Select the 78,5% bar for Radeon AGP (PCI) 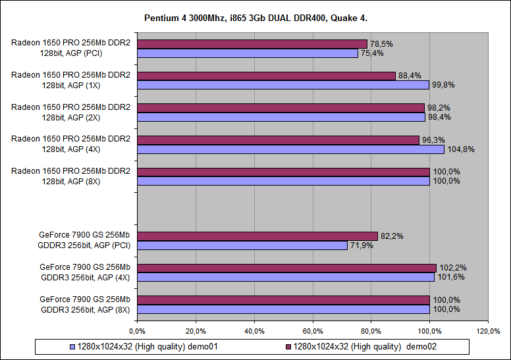(252, 44)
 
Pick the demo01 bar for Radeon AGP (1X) (282, 85)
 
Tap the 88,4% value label (410, 76)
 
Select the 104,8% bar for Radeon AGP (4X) (290, 149)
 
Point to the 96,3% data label (433, 140)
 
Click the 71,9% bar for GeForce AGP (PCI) (242, 245)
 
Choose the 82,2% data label (391, 236)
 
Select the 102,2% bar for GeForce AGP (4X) (286, 268)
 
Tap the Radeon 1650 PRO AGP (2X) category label (70, 112)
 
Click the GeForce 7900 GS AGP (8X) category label (85, 304)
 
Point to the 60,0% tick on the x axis (313, 330)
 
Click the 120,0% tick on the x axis (488, 330)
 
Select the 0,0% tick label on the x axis (137, 330)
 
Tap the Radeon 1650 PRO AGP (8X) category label (70, 176)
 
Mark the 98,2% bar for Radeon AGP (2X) (281, 107)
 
